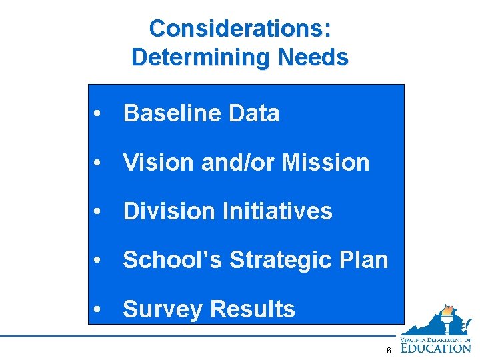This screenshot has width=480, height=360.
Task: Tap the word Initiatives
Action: pos(277,211)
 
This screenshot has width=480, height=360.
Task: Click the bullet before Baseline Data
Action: pos(98,114)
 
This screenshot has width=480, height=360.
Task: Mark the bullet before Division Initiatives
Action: pos(98,212)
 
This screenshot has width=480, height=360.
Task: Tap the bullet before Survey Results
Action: pos(98,310)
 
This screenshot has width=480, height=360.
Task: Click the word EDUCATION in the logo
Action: pos(436,347)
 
